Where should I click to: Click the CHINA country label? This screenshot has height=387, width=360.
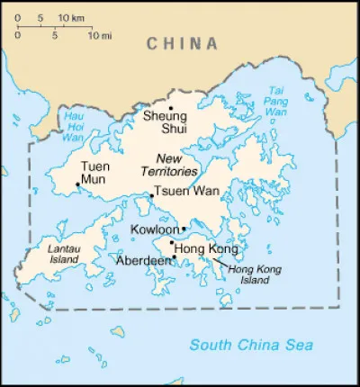(183, 43)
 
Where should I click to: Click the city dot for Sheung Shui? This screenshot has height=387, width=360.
(170, 108)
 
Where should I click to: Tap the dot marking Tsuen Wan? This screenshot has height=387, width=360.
(150, 195)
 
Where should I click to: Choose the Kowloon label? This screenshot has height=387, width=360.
(155, 230)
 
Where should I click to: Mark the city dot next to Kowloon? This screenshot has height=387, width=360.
(184, 229)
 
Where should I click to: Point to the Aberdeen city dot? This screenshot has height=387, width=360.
(173, 258)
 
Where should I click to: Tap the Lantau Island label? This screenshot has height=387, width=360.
(59, 253)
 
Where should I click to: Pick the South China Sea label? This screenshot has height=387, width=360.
(253, 345)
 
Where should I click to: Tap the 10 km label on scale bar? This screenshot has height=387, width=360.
(71, 18)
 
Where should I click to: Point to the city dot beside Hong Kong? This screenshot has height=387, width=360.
(171, 241)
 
